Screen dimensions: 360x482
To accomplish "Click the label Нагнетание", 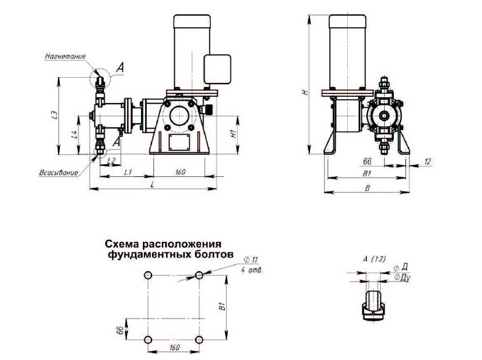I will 65,57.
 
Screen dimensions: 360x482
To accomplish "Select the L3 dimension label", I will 52,115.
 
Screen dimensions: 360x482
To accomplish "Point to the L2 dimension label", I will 111,160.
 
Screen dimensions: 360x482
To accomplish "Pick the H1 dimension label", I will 233,133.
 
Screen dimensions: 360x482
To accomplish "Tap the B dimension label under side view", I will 367,188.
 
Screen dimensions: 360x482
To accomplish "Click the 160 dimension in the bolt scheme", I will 173,348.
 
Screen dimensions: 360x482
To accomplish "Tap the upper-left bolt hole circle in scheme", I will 148,276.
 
